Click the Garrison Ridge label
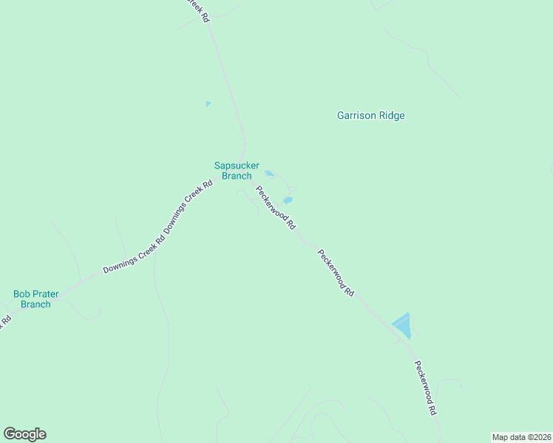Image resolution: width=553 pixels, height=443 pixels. [370, 115]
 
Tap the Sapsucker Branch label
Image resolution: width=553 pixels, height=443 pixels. [237, 171]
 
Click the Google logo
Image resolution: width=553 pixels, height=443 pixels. [24, 434]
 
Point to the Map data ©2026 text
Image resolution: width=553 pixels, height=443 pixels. [521, 437]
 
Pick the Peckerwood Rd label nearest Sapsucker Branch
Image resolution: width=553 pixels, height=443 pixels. [276, 207]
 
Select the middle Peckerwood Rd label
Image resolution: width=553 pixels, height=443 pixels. [336, 272]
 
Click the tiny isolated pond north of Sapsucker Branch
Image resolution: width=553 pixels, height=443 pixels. [208, 104]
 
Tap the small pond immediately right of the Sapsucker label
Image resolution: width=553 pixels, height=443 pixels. [270, 174]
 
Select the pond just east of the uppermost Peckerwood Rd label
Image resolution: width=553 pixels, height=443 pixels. [288, 200]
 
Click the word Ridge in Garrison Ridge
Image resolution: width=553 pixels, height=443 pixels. [392, 115]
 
